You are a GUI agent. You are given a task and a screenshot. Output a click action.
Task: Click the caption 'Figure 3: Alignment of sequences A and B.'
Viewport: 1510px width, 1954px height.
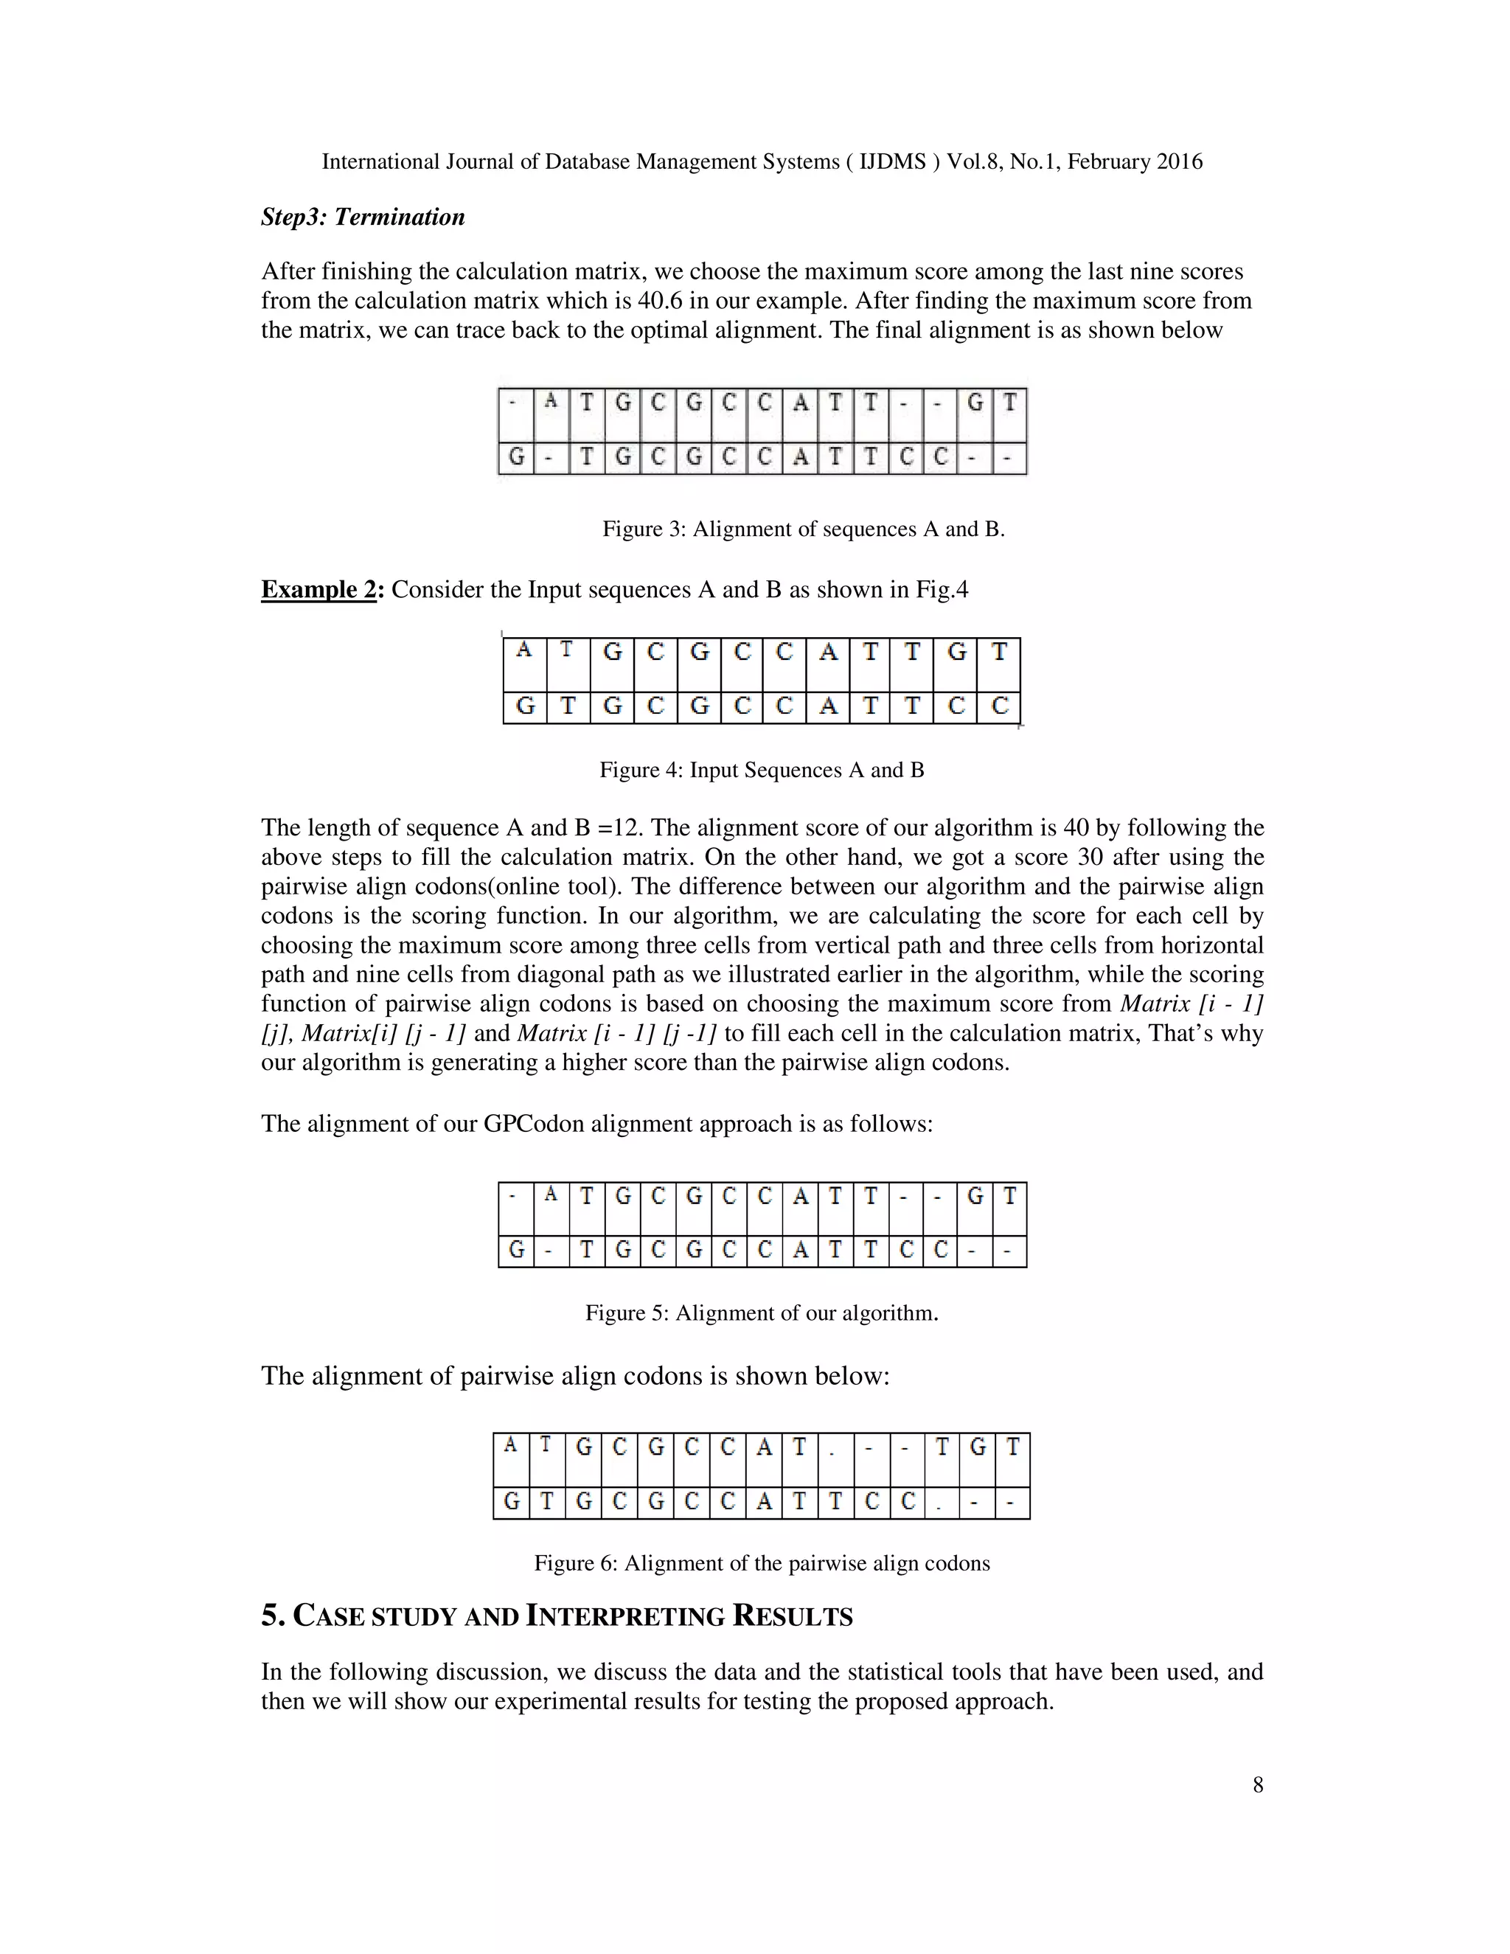(x=804, y=529)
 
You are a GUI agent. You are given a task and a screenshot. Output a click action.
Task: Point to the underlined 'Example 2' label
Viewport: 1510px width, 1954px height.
(x=319, y=590)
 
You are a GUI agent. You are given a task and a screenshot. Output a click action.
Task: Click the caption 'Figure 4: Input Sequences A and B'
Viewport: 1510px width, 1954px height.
(x=761, y=771)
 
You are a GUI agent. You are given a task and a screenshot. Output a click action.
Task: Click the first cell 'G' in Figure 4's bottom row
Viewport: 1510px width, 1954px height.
(x=525, y=707)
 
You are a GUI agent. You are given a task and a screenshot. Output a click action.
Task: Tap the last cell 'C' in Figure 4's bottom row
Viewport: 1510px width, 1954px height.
(x=999, y=707)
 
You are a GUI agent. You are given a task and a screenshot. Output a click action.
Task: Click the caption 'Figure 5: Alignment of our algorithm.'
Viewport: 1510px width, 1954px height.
(x=761, y=1312)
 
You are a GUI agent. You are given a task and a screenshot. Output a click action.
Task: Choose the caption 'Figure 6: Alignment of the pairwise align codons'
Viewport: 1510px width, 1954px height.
(x=761, y=1563)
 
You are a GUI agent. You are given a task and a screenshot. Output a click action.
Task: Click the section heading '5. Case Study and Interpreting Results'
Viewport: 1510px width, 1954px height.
(x=557, y=1617)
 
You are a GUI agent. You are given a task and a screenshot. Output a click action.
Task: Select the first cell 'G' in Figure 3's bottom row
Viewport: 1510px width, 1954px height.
(x=516, y=458)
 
